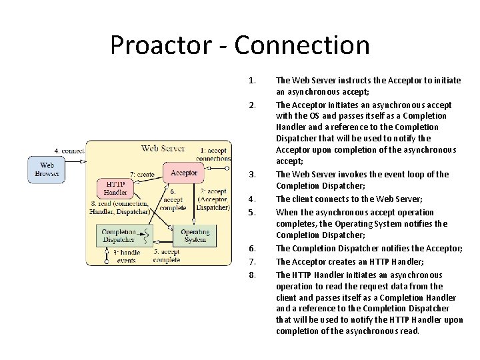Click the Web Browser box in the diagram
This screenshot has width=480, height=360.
pyautogui.click(x=47, y=169)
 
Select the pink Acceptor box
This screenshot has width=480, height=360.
pyautogui.click(x=183, y=173)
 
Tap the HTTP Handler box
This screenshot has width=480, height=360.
pyautogui.click(x=115, y=187)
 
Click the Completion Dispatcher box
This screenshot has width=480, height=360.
pyautogui.click(x=118, y=235)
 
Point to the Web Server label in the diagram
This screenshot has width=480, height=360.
pyautogui.click(x=163, y=147)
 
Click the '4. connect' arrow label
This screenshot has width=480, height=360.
pyautogui.click(x=69, y=151)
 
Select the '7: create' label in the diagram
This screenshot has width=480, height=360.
pyautogui.click(x=141, y=174)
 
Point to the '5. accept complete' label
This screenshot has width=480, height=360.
pyautogui.click(x=166, y=256)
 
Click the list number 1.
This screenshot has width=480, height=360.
pyautogui.click(x=251, y=81)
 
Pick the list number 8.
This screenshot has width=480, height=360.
pyautogui.click(x=251, y=275)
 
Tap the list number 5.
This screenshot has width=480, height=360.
pyautogui.click(x=251, y=213)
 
